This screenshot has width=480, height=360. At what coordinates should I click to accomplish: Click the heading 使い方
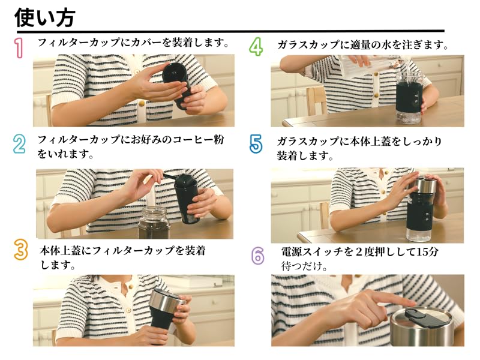pos(44,17)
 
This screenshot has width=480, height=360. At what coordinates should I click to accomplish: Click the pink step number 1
pos(19,48)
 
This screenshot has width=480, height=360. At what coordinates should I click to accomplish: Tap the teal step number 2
pos(19,144)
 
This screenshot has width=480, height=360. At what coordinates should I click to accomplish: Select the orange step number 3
pos(21,250)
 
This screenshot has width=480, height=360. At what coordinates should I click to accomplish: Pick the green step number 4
pos(256,47)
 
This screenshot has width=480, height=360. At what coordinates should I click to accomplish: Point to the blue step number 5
pos(256,143)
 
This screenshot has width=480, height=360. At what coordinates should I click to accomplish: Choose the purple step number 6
pos(258,256)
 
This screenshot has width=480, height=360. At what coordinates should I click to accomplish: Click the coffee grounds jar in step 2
pos(154,223)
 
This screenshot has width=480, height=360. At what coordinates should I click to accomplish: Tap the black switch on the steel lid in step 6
pos(422,319)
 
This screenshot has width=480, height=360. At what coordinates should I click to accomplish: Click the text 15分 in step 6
pos(428,252)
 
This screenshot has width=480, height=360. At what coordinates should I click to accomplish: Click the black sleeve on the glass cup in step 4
pos(410,98)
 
